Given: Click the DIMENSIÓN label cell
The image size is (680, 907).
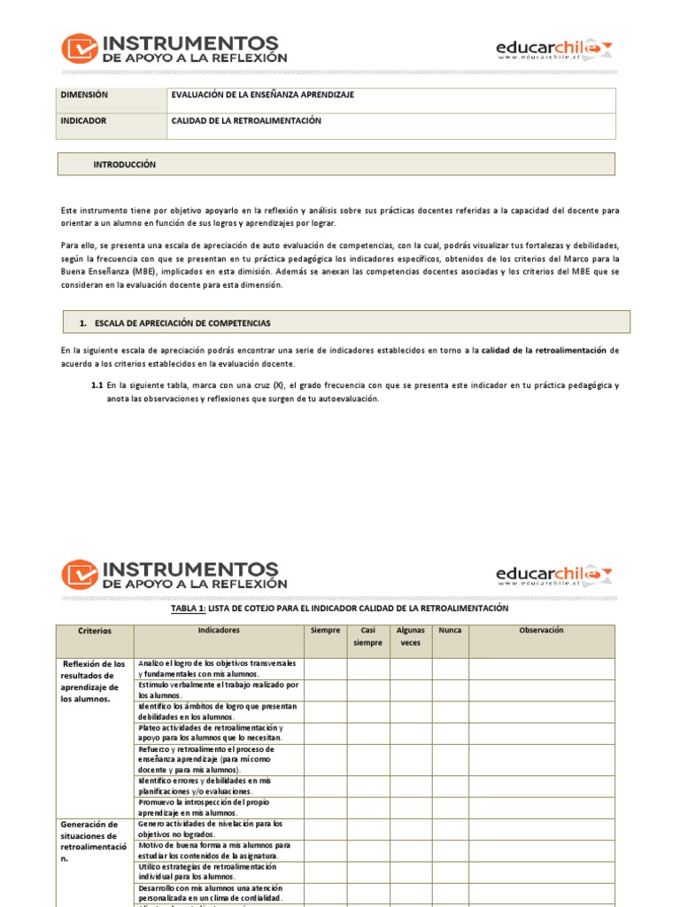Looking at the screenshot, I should (x=83, y=95).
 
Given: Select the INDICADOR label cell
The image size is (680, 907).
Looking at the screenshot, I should (x=83, y=120).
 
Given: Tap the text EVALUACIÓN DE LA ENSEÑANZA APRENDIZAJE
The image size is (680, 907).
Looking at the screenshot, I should (x=261, y=95).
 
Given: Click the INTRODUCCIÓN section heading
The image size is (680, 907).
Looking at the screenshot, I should (x=124, y=165).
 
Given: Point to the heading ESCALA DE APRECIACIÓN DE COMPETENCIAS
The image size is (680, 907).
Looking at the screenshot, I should (x=182, y=322).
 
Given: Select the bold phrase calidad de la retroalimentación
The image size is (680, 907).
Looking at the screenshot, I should (x=543, y=351).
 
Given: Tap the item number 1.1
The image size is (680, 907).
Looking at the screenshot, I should (x=97, y=385).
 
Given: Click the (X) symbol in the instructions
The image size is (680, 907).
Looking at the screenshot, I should (x=279, y=385).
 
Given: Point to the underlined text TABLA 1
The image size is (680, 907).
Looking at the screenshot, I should (x=188, y=609).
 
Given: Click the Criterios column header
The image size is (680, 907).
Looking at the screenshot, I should (x=95, y=632).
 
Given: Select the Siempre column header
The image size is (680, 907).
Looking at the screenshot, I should (x=325, y=631).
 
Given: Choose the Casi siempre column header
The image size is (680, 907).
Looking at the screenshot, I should (x=367, y=637).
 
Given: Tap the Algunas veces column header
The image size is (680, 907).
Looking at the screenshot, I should (x=410, y=637).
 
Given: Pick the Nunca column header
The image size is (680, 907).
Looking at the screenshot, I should (x=450, y=631).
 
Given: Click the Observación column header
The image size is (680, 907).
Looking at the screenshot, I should (x=541, y=631).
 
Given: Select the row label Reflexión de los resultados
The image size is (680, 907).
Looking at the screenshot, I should (x=94, y=680).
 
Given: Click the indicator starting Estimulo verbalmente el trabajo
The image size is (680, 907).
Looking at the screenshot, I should (x=219, y=690).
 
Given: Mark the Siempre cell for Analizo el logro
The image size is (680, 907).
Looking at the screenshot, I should (x=325, y=669).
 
